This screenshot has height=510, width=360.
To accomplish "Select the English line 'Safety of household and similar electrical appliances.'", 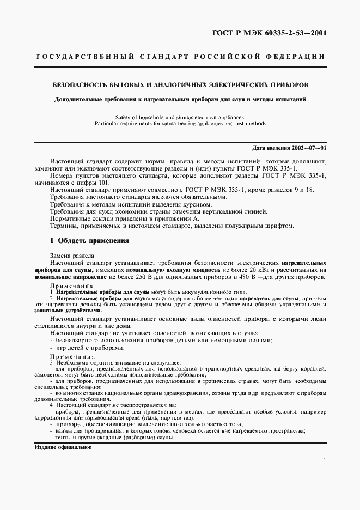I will point(180,117).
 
